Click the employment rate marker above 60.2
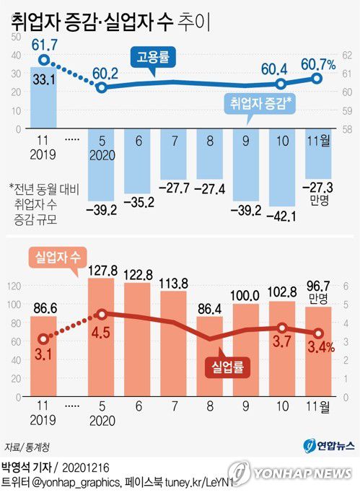pyautogui.click(x=102, y=87)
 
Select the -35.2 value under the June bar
pyautogui.click(x=139, y=203)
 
